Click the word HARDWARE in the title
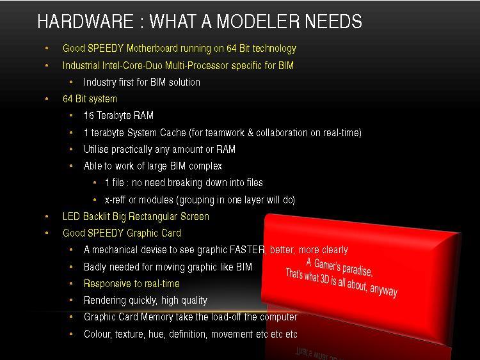tap(85, 21)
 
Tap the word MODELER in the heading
tap(258, 21)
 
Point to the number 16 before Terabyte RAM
tap(89, 116)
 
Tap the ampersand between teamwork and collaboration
tap(250, 133)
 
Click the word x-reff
tap(115, 200)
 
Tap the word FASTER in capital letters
tap(248, 250)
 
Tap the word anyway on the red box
tap(383, 289)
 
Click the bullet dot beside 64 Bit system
tap(47, 99)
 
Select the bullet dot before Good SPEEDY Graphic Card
tap(47, 233)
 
